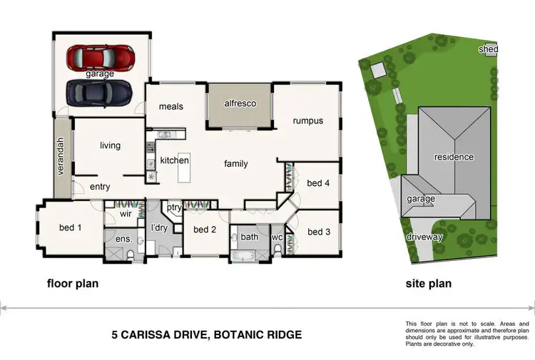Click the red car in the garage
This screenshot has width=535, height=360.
coord(100,58)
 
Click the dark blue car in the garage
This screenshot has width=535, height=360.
coord(99,91)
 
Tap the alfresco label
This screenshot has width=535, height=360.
coord(240,103)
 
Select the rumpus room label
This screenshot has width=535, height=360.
coord(308,120)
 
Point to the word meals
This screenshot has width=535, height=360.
coord(171,107)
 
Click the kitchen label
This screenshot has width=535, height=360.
coord(174,160)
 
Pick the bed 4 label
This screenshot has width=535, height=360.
coord(319,183)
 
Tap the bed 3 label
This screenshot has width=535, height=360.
coord(319,232)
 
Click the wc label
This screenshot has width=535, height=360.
coord(277,237)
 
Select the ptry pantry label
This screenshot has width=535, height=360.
coord(174,207)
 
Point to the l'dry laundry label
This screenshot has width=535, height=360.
coord(158,228)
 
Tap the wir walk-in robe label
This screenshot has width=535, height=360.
coord(125,212)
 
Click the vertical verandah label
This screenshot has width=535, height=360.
coord(61,158)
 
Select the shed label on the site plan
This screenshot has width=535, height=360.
coord(488,49)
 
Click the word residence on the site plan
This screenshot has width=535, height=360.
coord(454,157)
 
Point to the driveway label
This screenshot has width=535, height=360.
coord(425,237)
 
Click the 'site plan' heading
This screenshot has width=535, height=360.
coord(429,284)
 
